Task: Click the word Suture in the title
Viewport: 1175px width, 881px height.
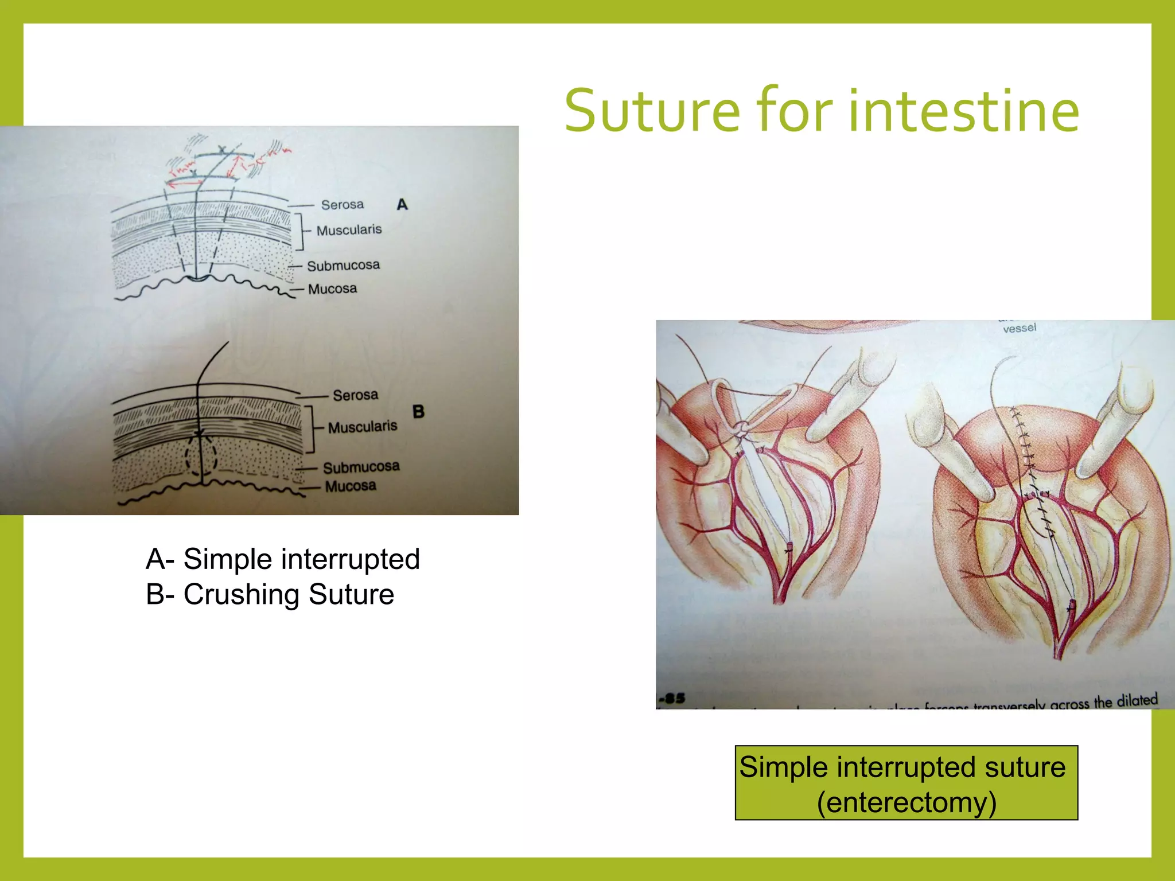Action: (652, 111)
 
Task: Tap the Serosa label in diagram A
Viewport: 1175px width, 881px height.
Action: (342, 205)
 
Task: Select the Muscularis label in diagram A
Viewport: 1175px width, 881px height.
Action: (349, 230)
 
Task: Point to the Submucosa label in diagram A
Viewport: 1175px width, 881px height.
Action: (343, 266)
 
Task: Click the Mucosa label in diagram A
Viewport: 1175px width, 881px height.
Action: (332, 289)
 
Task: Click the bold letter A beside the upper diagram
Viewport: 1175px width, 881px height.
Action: (402, 205)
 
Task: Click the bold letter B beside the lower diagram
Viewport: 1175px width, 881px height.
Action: (418, 412)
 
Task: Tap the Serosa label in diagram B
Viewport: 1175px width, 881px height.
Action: (355, 395)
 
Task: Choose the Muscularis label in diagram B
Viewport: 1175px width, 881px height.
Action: (363, 427)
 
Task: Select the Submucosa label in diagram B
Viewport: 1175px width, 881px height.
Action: (361, 467)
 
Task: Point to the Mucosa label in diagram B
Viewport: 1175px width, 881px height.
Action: (351, 486)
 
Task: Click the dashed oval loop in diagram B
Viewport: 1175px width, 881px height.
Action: (201, 456)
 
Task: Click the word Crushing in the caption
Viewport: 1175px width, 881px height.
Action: (243, 595)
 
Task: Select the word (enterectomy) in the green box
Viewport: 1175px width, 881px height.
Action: (906, 802)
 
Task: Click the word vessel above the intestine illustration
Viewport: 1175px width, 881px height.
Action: (1020, 329)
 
